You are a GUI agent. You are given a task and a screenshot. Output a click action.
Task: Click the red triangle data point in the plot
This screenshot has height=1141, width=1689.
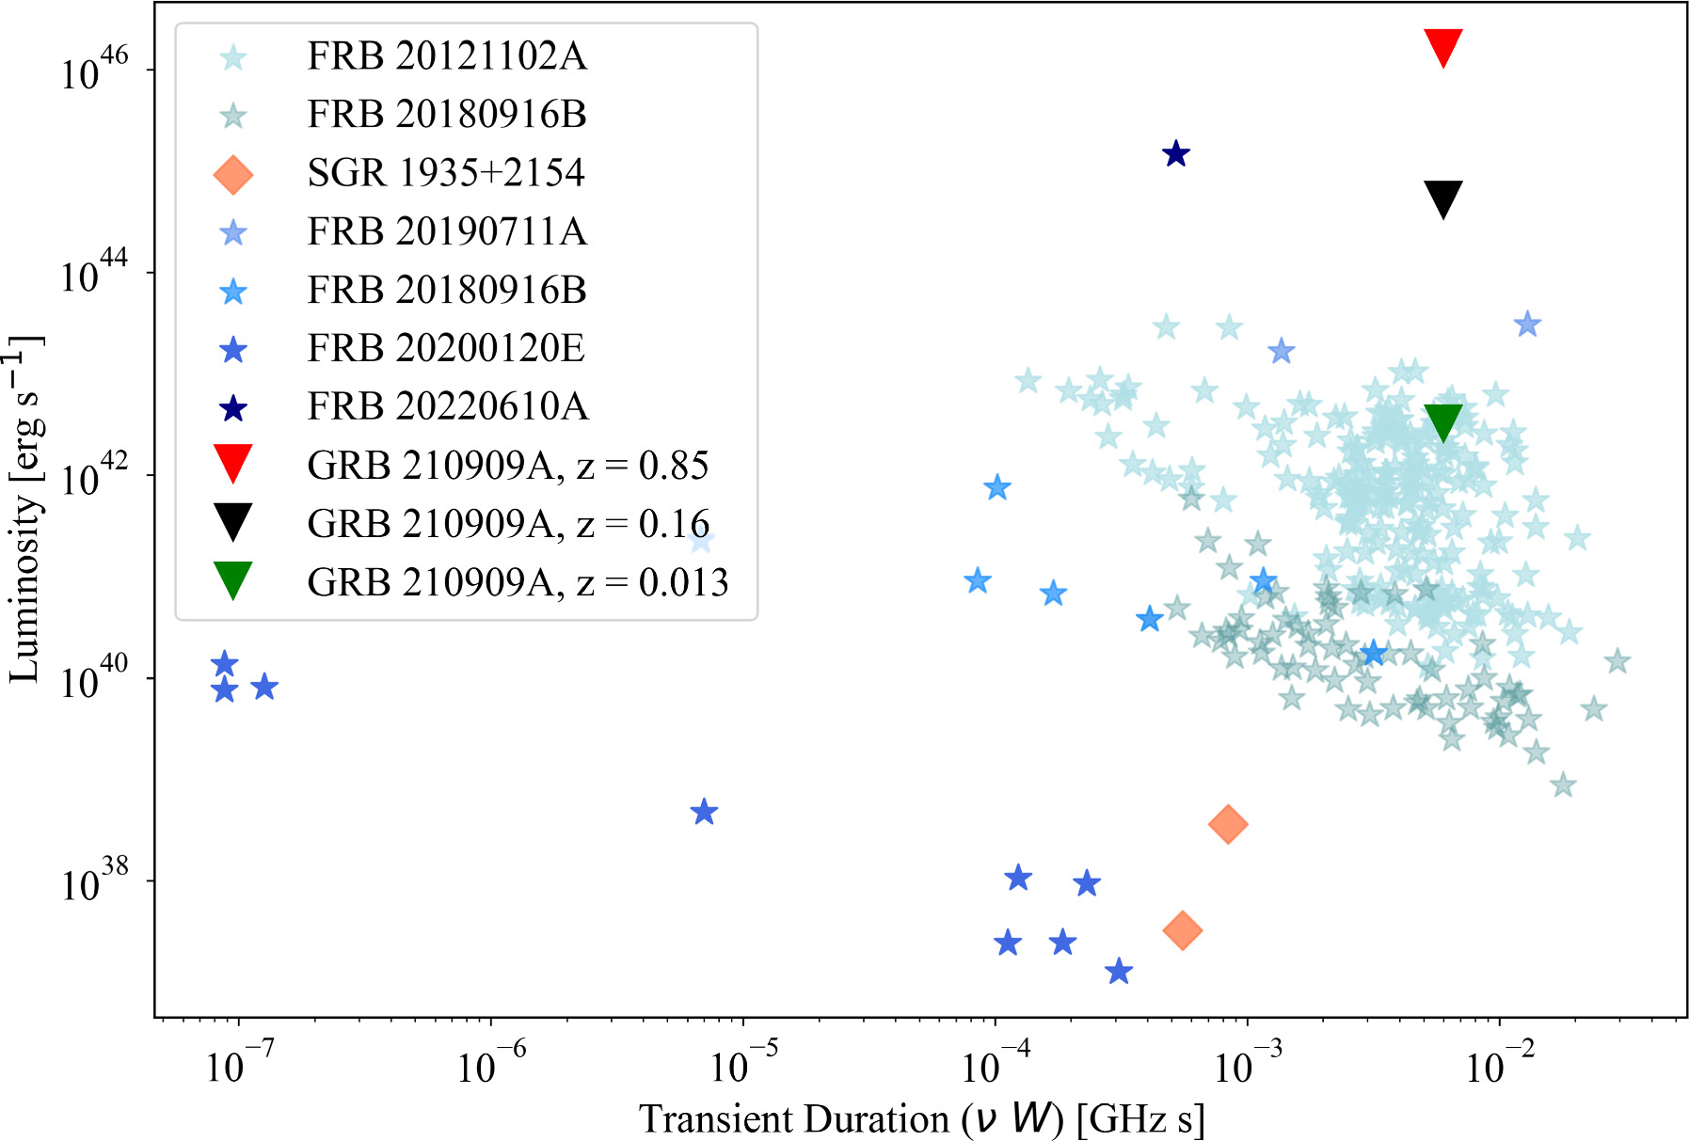1442,46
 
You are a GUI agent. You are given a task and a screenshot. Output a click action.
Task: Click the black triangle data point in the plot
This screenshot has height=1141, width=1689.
1442,198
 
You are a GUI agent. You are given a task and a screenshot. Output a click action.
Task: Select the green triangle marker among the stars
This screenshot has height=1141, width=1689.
1442,421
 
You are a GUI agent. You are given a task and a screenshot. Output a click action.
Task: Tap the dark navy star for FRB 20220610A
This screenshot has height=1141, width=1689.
1175,153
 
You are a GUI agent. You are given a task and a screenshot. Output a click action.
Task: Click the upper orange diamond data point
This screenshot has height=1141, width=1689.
1227,824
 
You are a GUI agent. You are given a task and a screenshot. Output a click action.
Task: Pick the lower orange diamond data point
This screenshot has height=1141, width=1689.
1182,930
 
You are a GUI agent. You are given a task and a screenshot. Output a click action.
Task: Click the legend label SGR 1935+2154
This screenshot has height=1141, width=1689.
445,173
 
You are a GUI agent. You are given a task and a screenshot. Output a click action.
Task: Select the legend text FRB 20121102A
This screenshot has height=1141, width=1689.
446,56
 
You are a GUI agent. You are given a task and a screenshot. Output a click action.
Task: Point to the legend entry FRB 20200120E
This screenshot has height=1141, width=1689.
445,349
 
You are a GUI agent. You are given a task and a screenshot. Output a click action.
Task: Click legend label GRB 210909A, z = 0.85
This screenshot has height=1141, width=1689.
507,466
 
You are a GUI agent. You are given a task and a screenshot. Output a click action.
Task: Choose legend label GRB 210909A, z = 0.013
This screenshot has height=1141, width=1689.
518,582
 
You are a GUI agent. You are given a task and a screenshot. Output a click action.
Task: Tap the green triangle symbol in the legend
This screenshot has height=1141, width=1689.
232,580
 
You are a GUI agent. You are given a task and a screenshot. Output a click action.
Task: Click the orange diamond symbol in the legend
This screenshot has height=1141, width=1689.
232,174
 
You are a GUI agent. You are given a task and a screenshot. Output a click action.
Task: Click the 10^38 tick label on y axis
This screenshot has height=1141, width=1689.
94,881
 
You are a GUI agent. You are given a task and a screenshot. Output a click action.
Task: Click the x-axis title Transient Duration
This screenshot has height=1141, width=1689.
921,1118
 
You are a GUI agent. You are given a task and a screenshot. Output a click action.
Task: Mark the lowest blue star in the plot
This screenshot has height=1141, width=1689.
1118,971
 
